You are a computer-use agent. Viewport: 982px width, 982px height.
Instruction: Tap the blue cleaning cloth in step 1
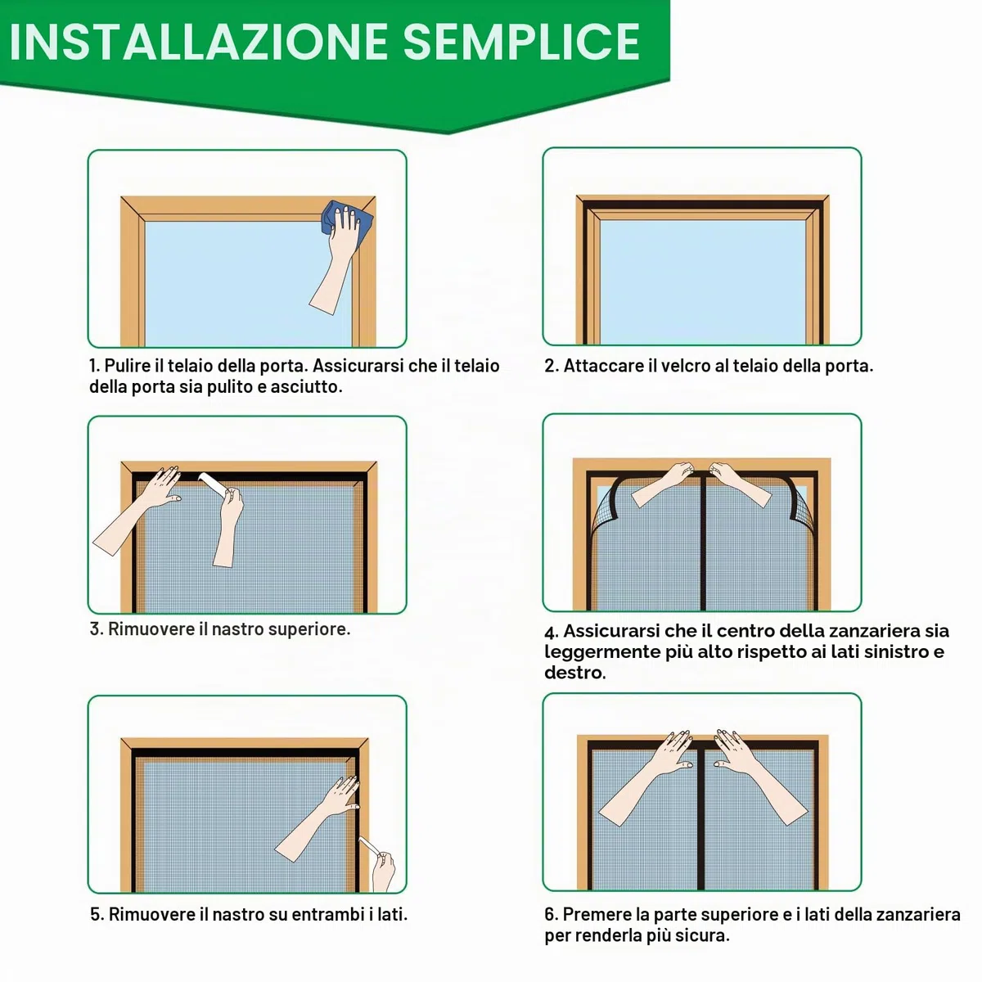point(346,218)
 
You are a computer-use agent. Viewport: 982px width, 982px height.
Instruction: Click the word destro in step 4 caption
point(574,673)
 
